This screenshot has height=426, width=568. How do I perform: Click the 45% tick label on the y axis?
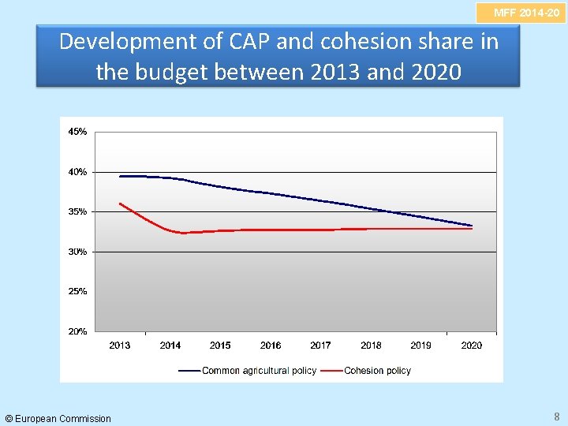[x=77, y=132]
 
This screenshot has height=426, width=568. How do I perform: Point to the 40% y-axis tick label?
[x=77, y=172]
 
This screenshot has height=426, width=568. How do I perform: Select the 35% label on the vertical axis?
[x=77, y=211]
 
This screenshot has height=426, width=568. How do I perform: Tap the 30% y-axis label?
[x=77, y=252]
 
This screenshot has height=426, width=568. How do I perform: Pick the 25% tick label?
[x=77, y=291]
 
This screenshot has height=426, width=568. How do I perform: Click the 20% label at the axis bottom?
[x=77, y=331]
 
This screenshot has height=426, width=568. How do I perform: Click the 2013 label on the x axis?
[x=120, y=346]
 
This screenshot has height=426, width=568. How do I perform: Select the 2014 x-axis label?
[x=170, y=346]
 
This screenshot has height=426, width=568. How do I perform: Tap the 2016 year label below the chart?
[x=271, y=346]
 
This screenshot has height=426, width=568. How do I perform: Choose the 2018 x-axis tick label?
[x=371, y=346]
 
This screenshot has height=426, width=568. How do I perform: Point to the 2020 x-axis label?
[x=471, y=346]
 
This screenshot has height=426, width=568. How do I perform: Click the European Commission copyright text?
[x=58, y=418]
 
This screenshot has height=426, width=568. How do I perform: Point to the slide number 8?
[x=557, y=417]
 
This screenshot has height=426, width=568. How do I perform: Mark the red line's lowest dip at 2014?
[x=182, y=233]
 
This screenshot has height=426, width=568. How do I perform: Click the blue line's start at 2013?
[x=120, y=176]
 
